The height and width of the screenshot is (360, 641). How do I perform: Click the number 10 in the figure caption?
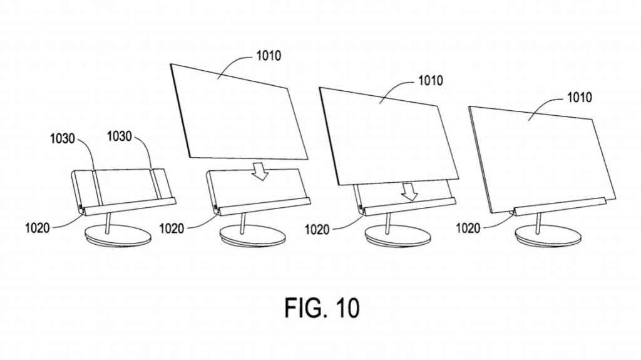click(347, 308)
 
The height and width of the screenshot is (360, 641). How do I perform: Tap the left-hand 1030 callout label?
click(63, 138)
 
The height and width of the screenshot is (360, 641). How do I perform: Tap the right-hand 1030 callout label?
click(120, 136)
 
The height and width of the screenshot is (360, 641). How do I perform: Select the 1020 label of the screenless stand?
click(37, 228)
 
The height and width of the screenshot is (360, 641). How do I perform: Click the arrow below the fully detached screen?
click(260, 170)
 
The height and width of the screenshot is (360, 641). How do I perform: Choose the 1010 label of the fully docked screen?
click(579, 98)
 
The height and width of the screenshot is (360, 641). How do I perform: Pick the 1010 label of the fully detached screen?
click(269, 55)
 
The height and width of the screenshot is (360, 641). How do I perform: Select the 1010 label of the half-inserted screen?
click(430, 80)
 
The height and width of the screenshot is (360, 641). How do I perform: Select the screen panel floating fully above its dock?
click(239, 111)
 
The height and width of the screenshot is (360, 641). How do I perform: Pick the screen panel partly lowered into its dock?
click(389, 137)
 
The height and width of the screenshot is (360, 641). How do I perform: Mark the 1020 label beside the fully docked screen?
click(468, 228)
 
